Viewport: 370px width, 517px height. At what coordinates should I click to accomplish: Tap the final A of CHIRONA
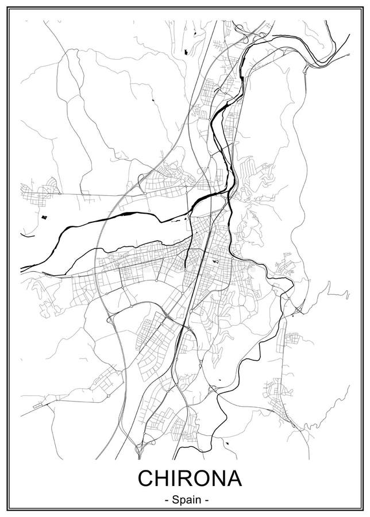(x=235, y=479)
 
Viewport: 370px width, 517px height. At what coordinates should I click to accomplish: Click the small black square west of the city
(x=44, y=218)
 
